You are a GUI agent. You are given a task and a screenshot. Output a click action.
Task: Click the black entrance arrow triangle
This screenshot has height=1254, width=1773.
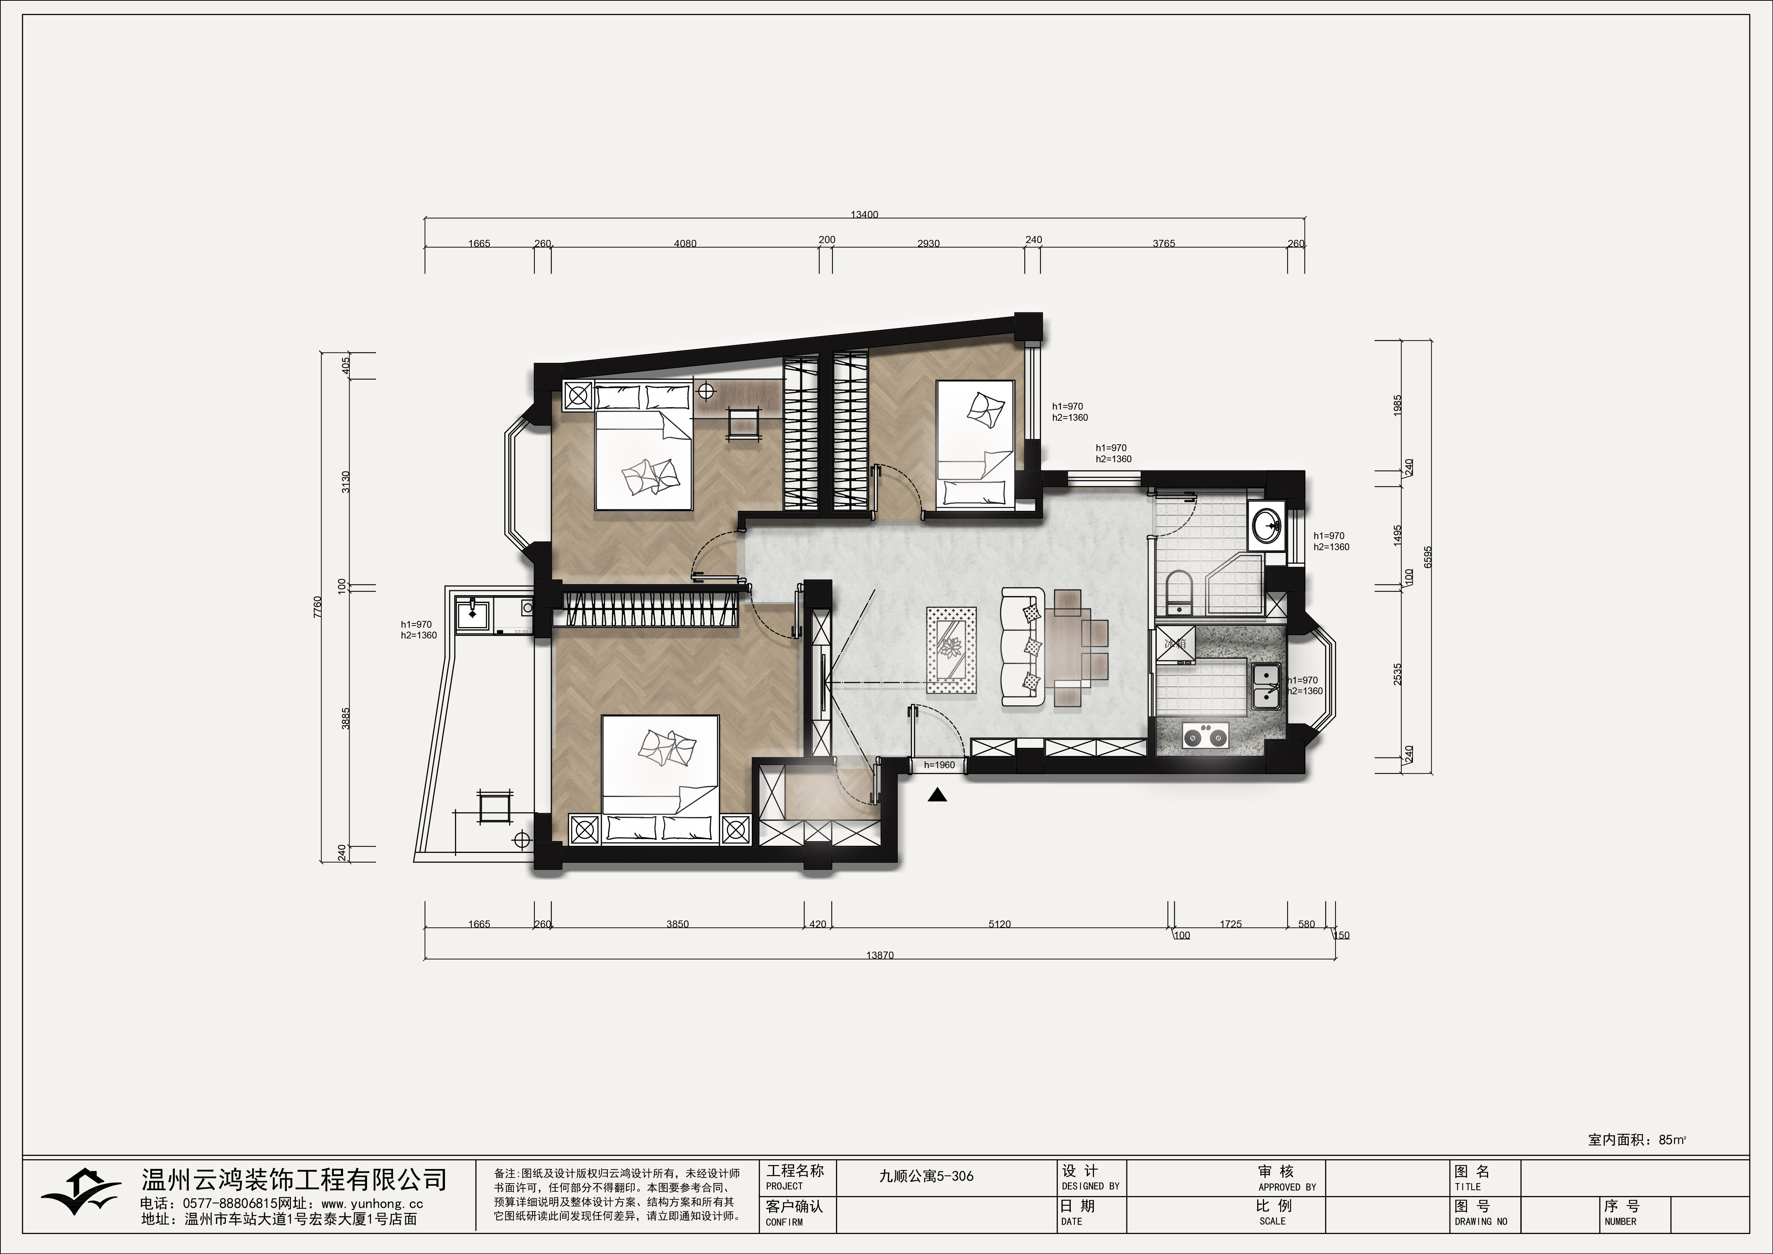point(937,795)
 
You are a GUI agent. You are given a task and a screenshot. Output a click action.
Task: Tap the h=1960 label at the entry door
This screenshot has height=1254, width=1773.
point(939,765)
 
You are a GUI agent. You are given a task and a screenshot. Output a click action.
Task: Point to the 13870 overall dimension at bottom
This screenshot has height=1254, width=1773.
point(880,955)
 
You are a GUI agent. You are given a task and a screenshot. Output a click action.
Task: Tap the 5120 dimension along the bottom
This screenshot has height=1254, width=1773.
point(999,924)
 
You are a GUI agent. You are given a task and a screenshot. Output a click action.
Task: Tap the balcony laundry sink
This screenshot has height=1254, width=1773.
point(472,614)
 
